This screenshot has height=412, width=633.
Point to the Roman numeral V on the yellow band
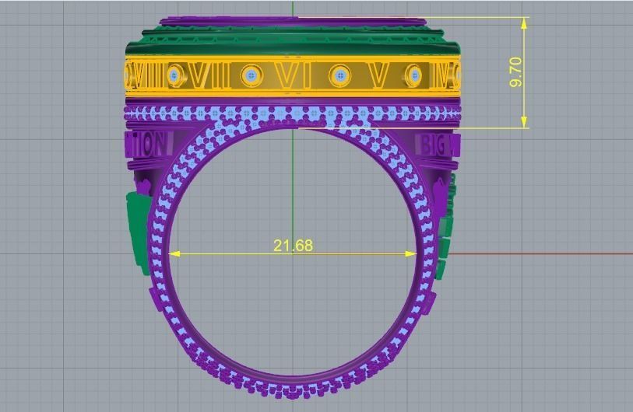pos(378,76)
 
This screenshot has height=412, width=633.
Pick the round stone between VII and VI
pos(250,75)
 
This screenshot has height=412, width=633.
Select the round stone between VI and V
pos(339,75)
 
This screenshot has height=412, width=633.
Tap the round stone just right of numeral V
pos(414,75)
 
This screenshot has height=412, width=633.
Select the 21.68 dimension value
pos(293,246)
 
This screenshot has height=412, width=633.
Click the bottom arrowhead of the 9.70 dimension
pos(525,122)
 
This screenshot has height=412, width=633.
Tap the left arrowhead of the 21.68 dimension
pos(174,253)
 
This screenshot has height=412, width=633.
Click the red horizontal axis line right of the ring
pos(545,253)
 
